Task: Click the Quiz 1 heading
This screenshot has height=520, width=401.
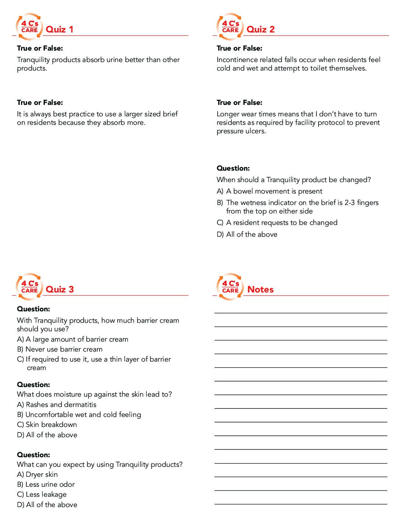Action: (x=59, y=30)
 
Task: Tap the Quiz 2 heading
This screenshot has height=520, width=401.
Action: (x=261, y=30)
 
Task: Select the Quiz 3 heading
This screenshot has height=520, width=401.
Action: (x=60, y=290)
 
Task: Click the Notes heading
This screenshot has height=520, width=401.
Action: (x=261, y=290)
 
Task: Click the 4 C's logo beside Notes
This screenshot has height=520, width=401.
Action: (x=230, y=287)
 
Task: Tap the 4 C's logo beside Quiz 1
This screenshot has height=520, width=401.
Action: (x=29, y=27)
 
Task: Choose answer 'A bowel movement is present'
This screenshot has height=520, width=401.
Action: (x=274, y=191)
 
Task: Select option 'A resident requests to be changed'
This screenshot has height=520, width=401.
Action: (x=282, y=223)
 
